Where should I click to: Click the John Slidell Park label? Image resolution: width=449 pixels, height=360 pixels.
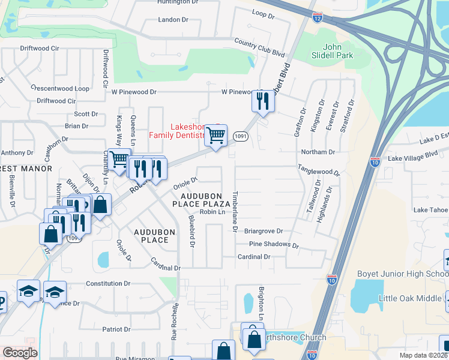pos(338,51)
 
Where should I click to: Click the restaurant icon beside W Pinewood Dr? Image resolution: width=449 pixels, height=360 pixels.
pos(262,100)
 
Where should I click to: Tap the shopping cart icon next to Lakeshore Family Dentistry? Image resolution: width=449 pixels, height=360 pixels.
pos(215,134)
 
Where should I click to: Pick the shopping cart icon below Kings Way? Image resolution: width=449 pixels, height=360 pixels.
pos(119,159)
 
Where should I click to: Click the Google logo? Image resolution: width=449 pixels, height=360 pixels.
pos(20,353)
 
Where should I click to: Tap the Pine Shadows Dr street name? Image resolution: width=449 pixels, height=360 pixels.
pos(274,244)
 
